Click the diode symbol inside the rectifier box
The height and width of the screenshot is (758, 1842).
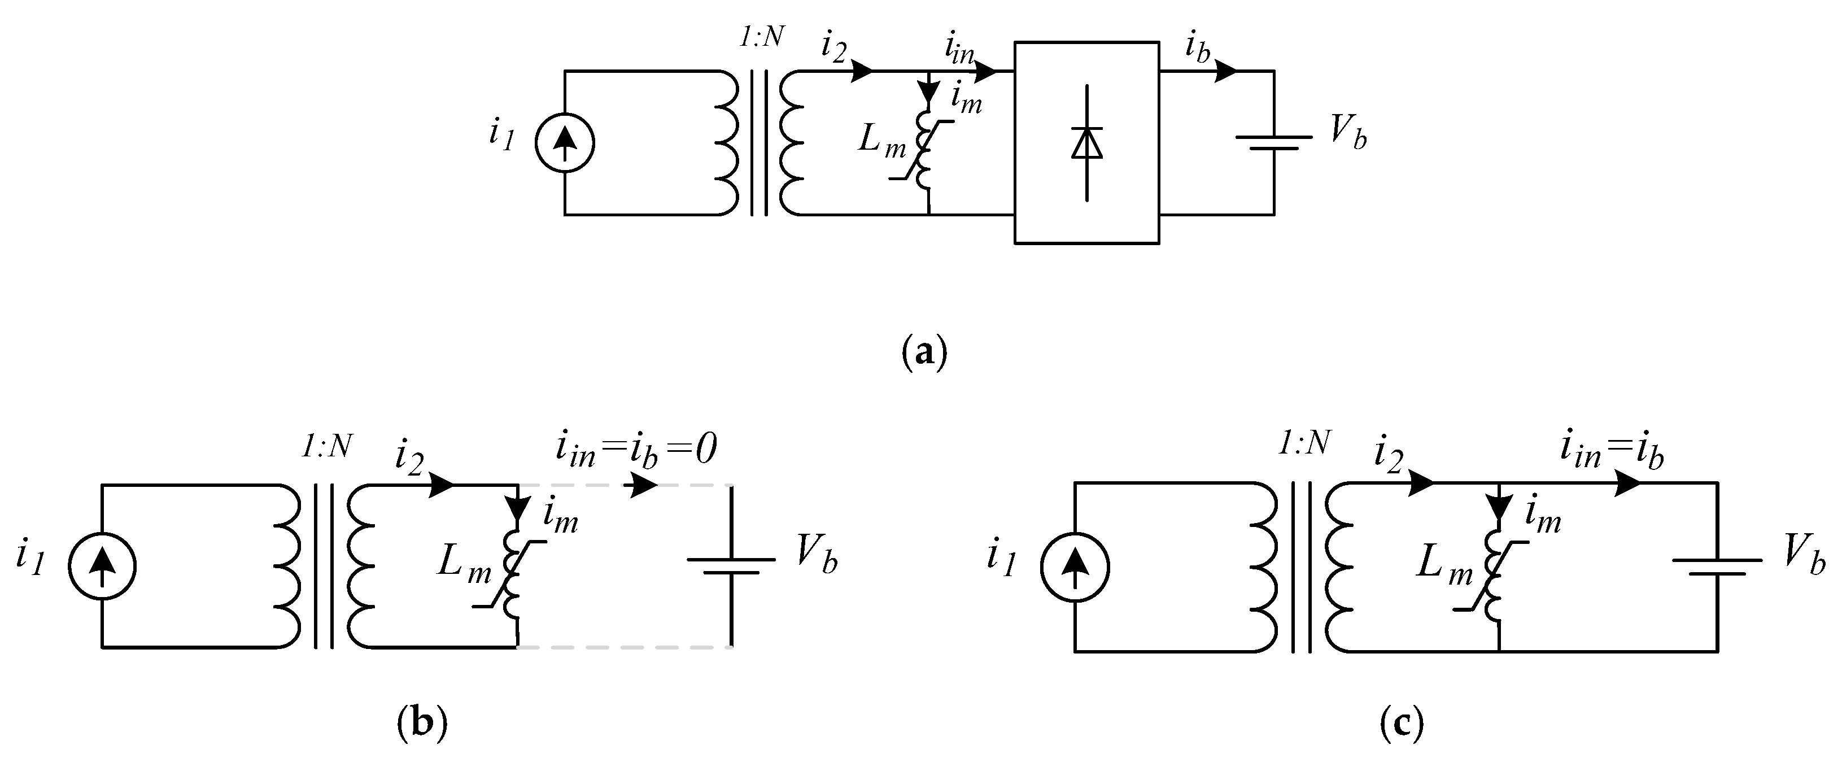1087,142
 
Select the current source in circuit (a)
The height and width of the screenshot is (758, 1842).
565,143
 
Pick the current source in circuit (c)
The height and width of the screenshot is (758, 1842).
1075,568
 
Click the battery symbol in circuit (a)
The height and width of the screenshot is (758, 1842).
1273,142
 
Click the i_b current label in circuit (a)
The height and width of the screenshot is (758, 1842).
1197,49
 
